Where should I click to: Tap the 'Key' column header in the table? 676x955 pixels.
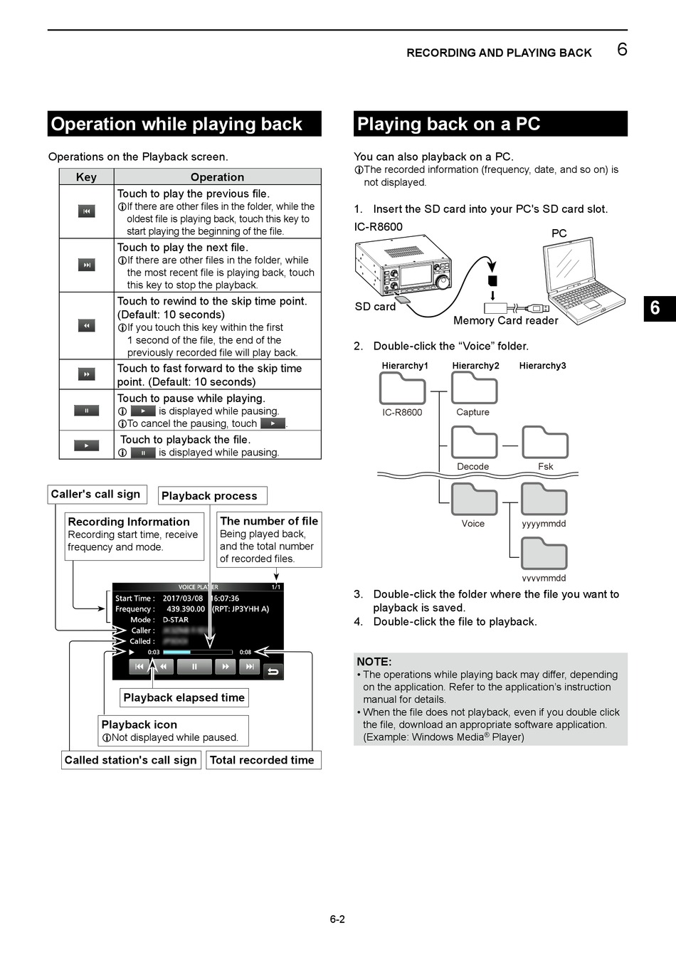(x=86, y=177)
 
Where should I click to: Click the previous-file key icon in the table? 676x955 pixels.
(x=86, y=211)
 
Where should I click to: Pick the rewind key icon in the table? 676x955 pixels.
(x=86, y=325)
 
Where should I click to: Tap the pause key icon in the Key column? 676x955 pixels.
(x=86, y=411)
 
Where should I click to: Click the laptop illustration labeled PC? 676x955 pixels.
(x=583, y=278)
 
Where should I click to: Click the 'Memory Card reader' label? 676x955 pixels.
(x=505, y=321)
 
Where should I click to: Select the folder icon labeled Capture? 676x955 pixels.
(x=474, y=389)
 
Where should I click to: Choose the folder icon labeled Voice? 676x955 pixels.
(x=474, y=499)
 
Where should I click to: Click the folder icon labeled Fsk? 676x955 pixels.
(x=544, y=443)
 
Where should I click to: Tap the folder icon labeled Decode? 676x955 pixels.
(x=474, y=443)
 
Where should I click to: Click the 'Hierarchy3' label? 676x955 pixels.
(x=542, y=366)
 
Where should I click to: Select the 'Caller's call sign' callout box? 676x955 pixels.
(x=96, y=495)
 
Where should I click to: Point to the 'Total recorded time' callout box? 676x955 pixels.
(x=262, y=760)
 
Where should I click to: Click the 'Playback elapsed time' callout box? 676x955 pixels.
(x=184, y=698)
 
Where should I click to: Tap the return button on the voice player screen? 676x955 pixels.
(x=273, y=670)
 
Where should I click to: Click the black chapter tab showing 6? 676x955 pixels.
(x=656, y=308)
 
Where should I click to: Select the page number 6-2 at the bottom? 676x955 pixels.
(x=337, y=919)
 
